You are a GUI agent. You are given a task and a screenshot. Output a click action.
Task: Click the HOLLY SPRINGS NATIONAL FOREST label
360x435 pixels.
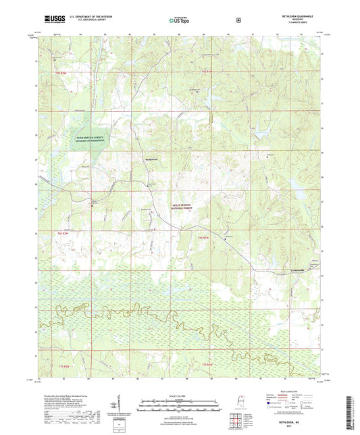(180, 205)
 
